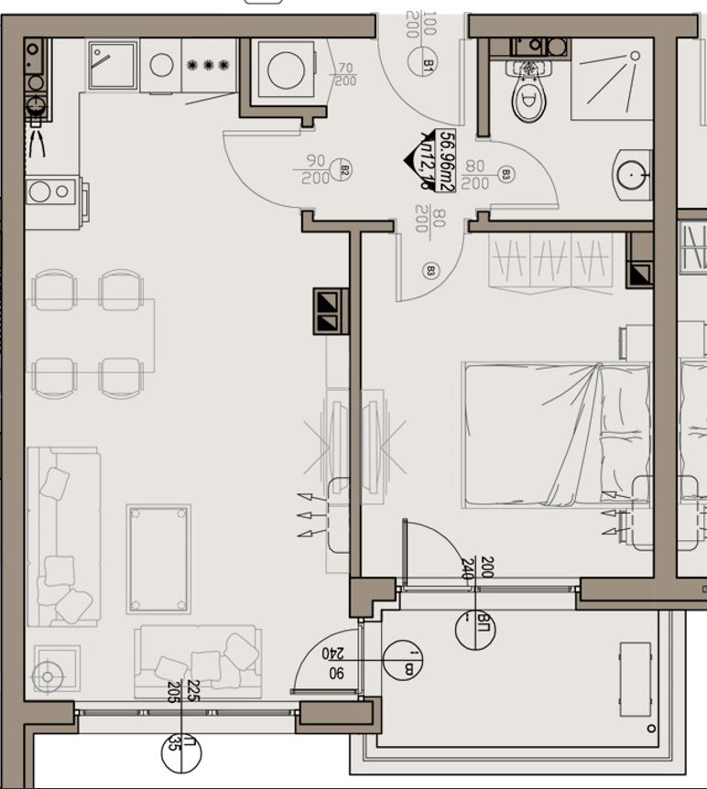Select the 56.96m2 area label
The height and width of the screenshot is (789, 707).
pos(447,160)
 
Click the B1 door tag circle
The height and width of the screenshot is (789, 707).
pos(429,64)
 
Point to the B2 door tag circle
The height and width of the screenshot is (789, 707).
pos(344,169)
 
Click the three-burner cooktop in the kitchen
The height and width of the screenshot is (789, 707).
pos(208,65)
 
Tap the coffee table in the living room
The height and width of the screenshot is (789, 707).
pos(159,558)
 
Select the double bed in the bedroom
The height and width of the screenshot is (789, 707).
pos(555,434)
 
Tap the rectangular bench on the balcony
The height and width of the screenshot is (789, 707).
pos(635,678)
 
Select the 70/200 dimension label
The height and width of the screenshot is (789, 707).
pos(344,74)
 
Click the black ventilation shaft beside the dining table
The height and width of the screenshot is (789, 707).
pos(331,310)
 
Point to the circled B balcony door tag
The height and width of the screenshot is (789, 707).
pos(402,662)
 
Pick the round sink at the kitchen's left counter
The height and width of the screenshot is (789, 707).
pos(38,192)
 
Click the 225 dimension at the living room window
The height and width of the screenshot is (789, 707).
pos(192,692)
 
